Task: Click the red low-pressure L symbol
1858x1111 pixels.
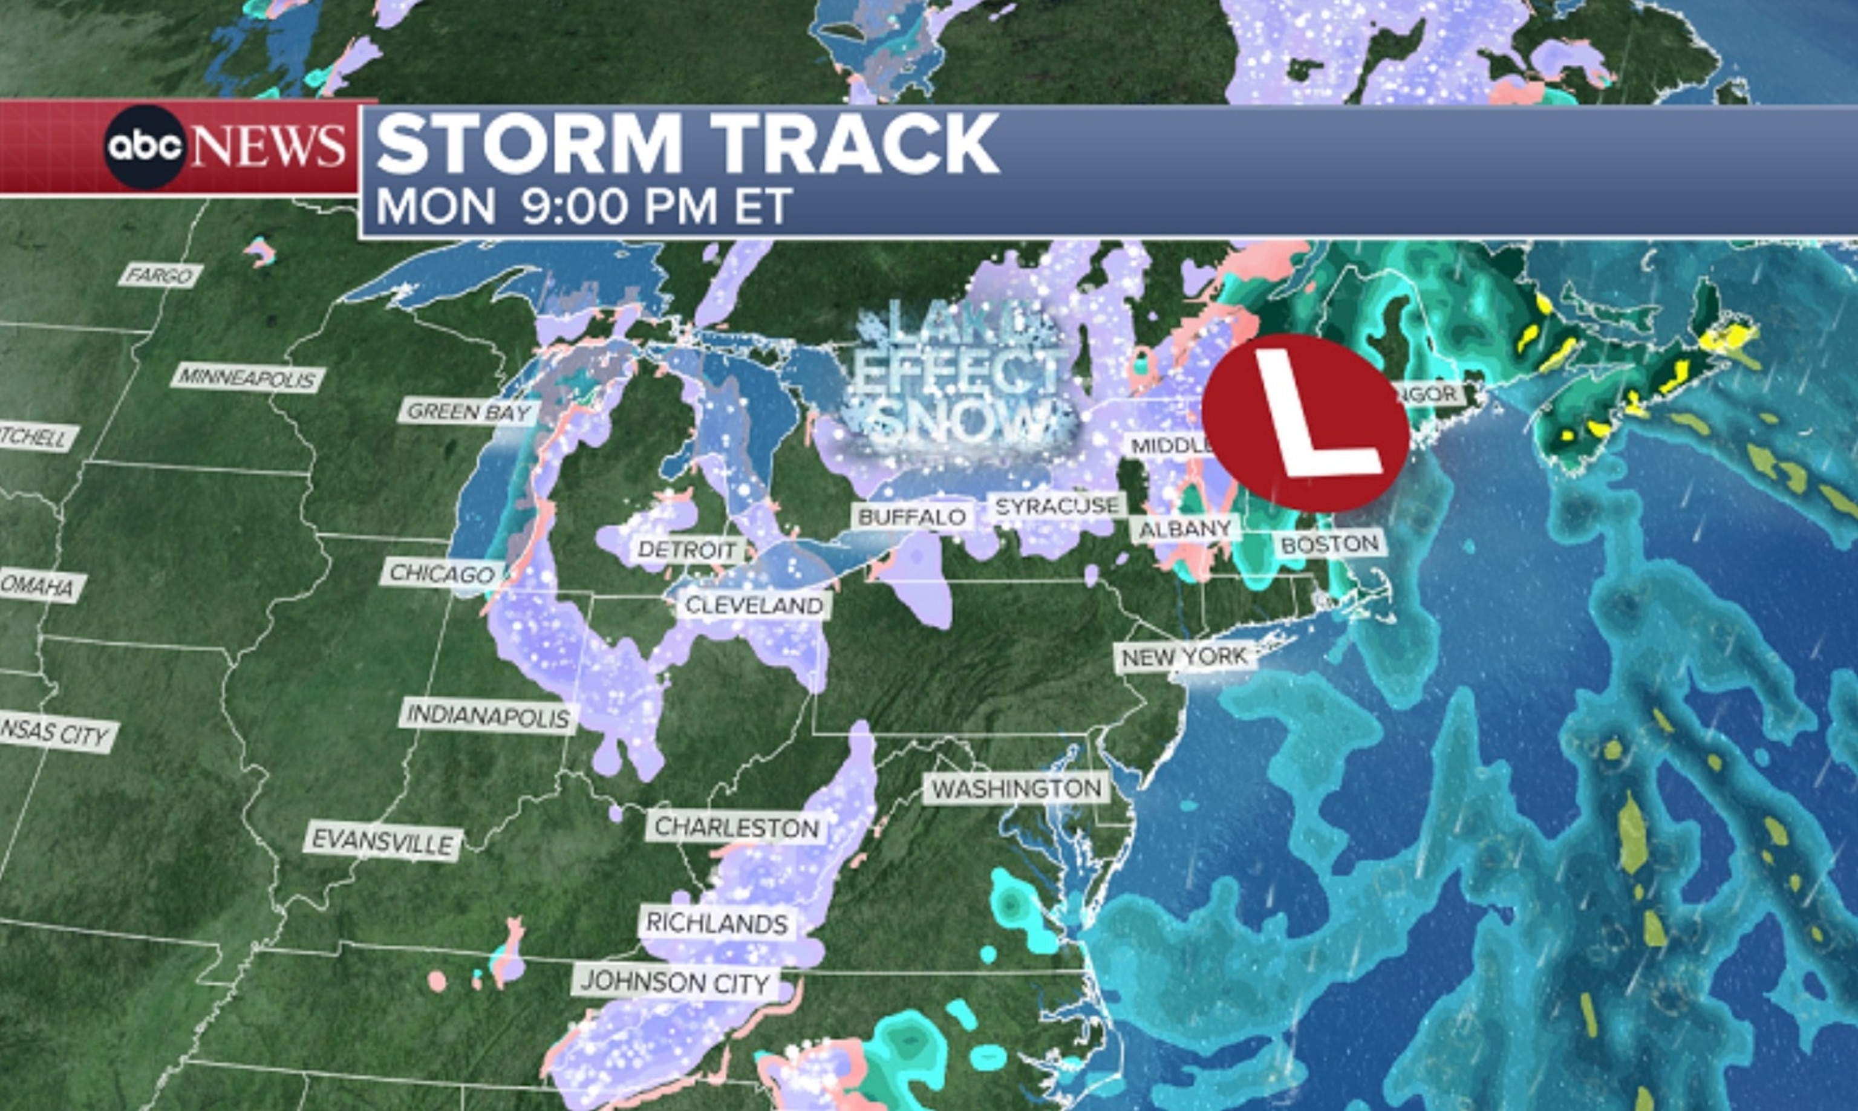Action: click(x=1307, y=422)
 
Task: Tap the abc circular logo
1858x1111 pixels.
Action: click(x=145, y=146)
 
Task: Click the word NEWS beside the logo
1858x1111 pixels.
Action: click(x=268, y=145)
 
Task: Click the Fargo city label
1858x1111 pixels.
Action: click(x=160, y=276)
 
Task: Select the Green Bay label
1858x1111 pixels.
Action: click(x=468, y=411)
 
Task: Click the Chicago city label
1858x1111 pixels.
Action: click(x=442, y=573)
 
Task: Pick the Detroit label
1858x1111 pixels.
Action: click(x=687, y=550)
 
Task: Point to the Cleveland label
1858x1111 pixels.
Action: click(x=754, y=605)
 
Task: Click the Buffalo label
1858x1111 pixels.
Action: click(x=912, y=516)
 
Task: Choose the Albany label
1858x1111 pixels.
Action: click(x=1185, y=529)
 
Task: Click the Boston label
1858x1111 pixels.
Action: click(x=1329, y=544)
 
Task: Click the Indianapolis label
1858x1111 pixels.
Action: click(x=488, y=717)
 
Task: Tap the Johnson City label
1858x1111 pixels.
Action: click(x=675, y=982)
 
